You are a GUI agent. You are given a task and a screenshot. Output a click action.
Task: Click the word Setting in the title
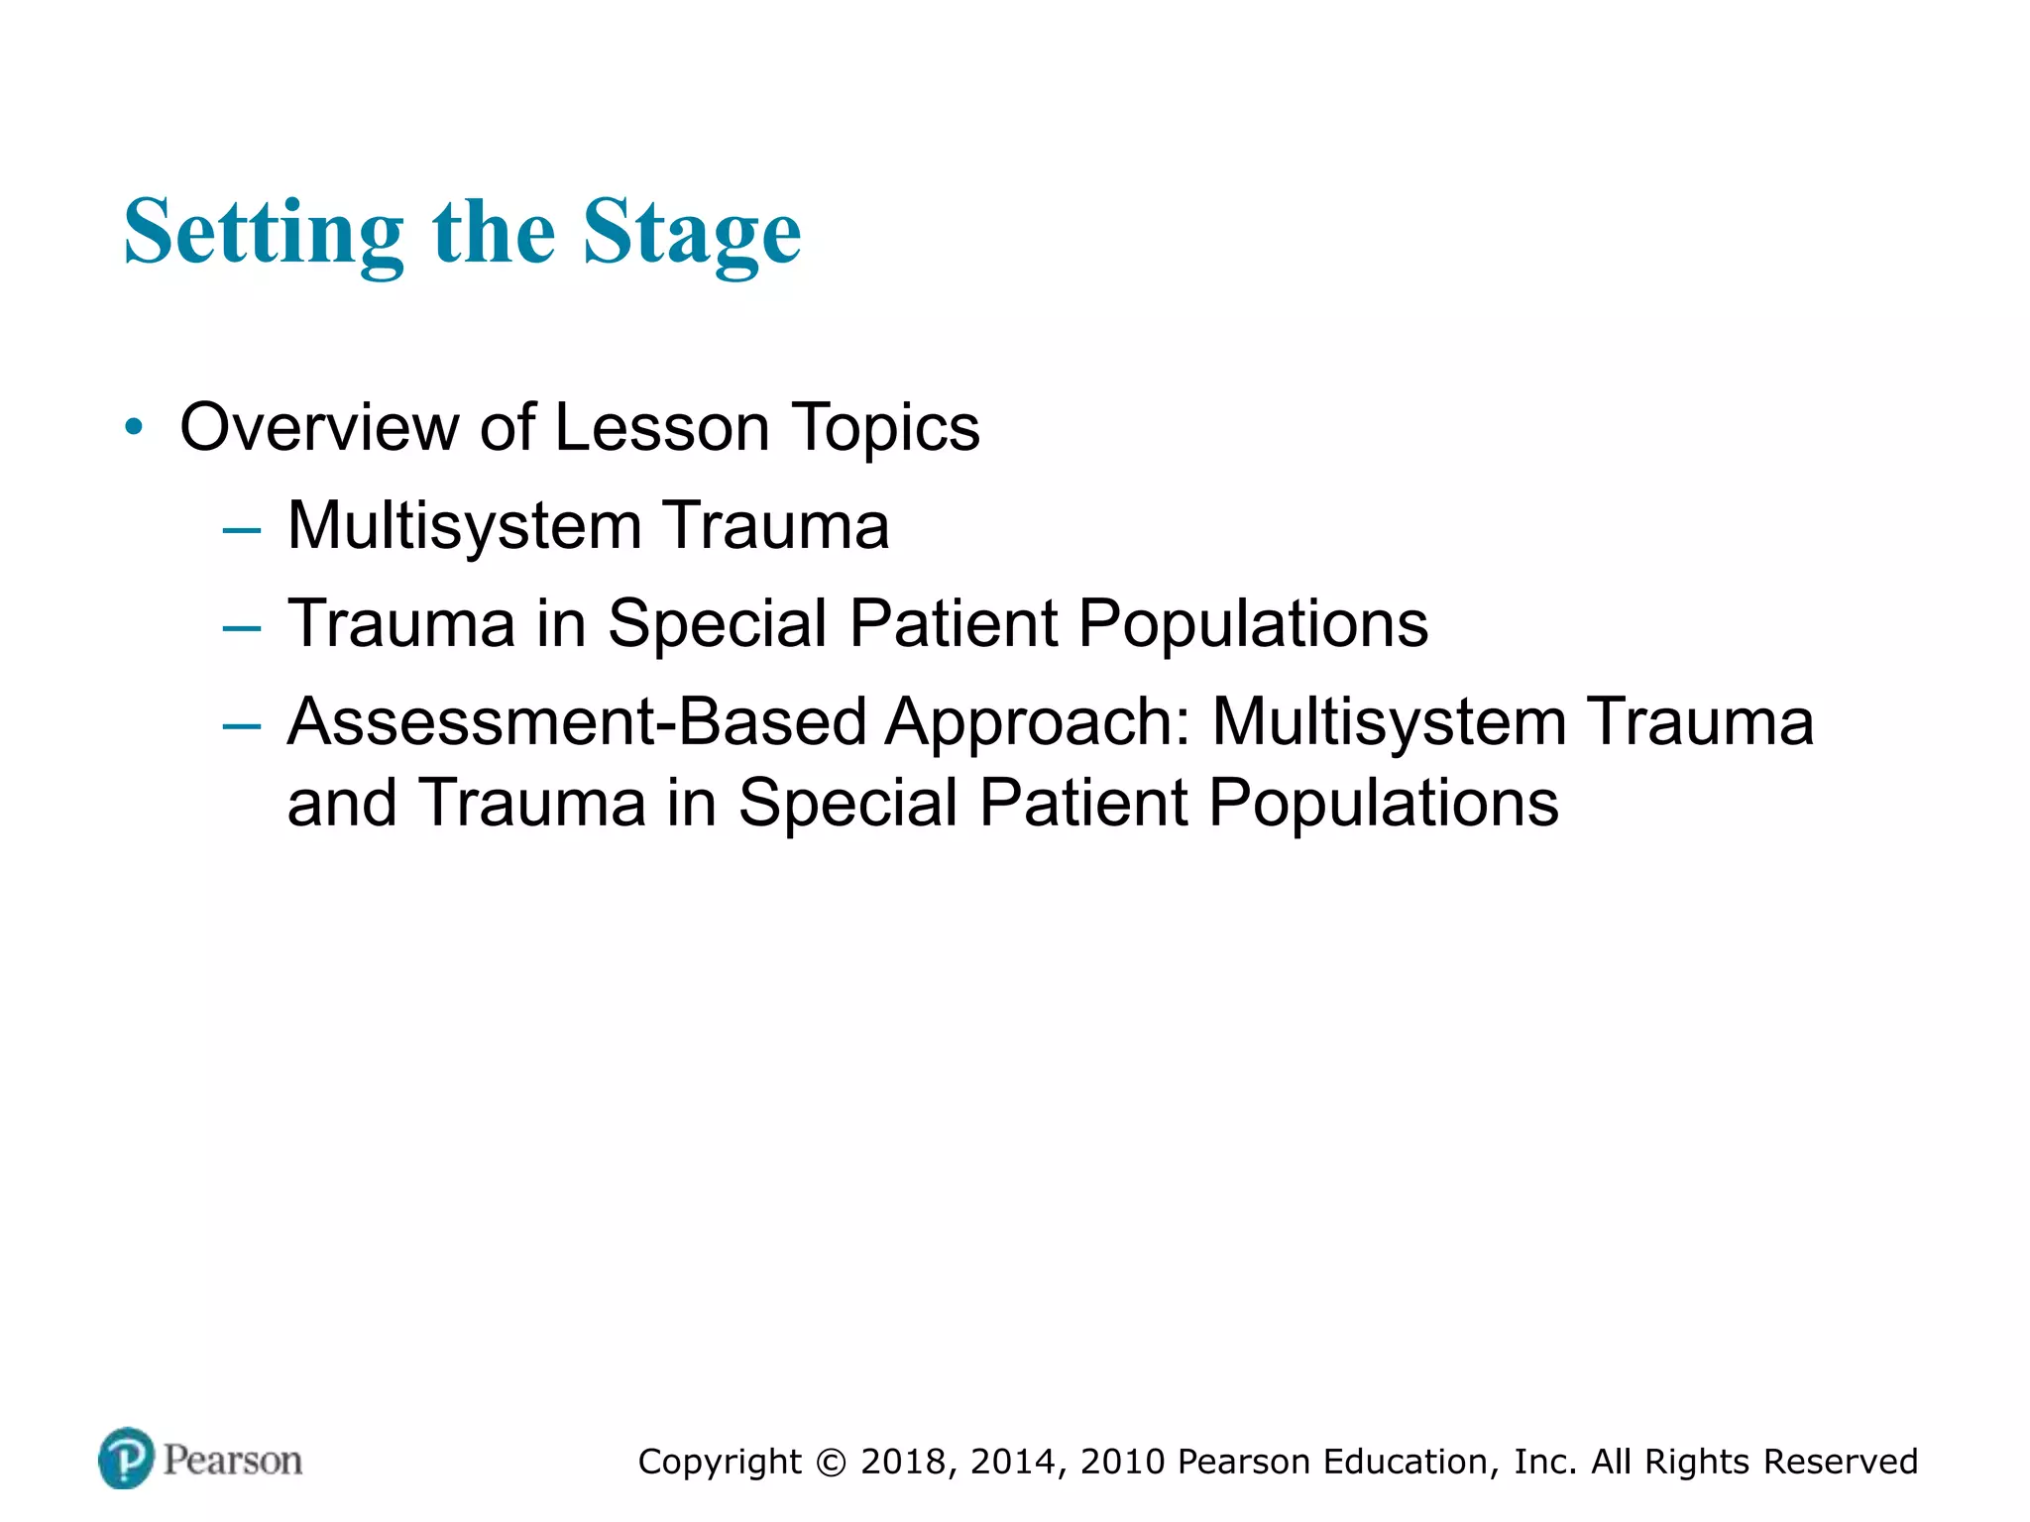click(264, 234)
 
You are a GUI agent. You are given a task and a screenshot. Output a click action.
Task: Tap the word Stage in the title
click(691, 234)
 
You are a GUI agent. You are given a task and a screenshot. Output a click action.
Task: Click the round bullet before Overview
click(134, 428)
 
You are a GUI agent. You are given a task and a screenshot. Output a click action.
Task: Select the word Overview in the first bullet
click(318, 427)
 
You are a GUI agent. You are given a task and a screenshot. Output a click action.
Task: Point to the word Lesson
click(661, 427)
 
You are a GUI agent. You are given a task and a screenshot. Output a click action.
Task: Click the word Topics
click(885, 427)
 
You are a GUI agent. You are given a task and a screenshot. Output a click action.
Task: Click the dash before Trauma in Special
click(242, 628)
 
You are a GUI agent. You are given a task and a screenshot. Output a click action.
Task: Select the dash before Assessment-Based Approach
click(242, 726)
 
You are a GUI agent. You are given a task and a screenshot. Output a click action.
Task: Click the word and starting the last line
click(342, 803)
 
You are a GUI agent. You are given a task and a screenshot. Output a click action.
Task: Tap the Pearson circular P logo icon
click(127, 1459)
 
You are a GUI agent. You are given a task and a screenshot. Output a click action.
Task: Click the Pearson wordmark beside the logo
click(233, 1461)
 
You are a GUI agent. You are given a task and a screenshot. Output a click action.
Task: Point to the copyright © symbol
click(832, 1463)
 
